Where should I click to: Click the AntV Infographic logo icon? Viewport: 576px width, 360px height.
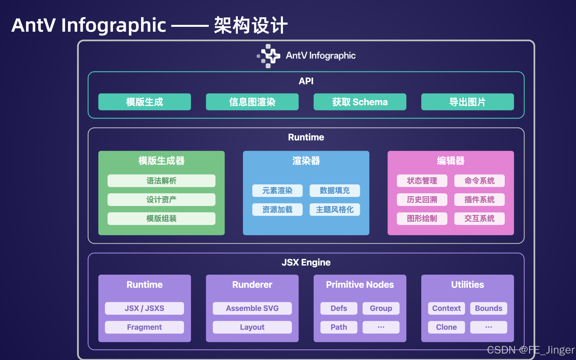268,56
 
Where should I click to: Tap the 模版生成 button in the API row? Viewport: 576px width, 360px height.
144,102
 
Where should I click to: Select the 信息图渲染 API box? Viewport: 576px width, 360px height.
252,102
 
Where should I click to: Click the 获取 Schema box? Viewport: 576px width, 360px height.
360,102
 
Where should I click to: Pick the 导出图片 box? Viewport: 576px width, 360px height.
467,102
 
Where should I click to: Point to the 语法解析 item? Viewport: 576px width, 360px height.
161,181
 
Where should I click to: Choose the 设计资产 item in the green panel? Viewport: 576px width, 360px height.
161,200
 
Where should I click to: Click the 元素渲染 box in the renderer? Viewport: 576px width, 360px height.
277,191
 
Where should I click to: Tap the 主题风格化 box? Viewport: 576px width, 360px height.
334,209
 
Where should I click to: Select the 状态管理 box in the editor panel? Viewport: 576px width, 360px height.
422,181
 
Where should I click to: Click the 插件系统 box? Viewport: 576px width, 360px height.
479,200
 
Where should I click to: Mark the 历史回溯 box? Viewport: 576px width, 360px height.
422,200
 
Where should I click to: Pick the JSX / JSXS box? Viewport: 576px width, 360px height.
144,308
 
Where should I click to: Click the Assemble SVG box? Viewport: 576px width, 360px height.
252,308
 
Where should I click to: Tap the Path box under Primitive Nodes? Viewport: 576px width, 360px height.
339,327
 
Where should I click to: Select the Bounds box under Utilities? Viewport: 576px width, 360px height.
488,308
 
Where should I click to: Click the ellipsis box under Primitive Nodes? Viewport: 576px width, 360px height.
381,327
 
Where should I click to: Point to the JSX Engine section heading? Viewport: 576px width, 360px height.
306,262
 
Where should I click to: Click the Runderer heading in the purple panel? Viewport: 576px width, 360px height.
252,284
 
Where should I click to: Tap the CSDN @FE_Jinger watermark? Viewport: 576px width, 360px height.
530,350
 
